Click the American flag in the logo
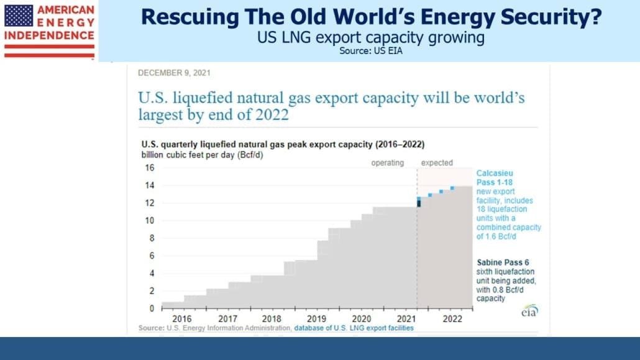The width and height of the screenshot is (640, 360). click(19, 16)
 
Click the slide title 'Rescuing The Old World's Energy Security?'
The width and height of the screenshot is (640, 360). click(371, 17)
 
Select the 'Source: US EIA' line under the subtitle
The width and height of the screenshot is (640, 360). click(370, 50)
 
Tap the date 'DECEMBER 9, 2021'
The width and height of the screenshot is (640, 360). click(174, 73)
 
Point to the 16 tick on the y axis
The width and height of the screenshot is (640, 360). click(150, 167)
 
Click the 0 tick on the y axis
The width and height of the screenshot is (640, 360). click(152, 308)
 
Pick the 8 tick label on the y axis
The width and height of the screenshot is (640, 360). click(152, 238)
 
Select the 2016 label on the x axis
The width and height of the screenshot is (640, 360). click(182, 319)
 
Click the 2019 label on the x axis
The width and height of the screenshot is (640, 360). click(316, 319)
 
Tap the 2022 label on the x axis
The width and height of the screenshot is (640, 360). click(452, 319)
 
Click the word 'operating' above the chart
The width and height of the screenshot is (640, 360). click(387, 163)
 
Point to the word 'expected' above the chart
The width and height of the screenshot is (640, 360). click(437, 163)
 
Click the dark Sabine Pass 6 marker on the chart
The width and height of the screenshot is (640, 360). click(419, 203)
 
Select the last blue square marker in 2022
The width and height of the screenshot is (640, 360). click(452, 188)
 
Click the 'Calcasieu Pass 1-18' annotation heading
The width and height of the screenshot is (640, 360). click(495, 178)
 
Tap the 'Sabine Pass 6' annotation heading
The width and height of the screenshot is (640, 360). click(503, 262)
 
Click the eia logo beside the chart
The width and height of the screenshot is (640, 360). click(530, 310)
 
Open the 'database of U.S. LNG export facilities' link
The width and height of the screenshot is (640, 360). click(354, 328)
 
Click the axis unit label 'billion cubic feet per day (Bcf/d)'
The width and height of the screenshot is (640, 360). click(202, 155)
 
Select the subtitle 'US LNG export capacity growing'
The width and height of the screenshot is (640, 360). click(370, 37)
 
